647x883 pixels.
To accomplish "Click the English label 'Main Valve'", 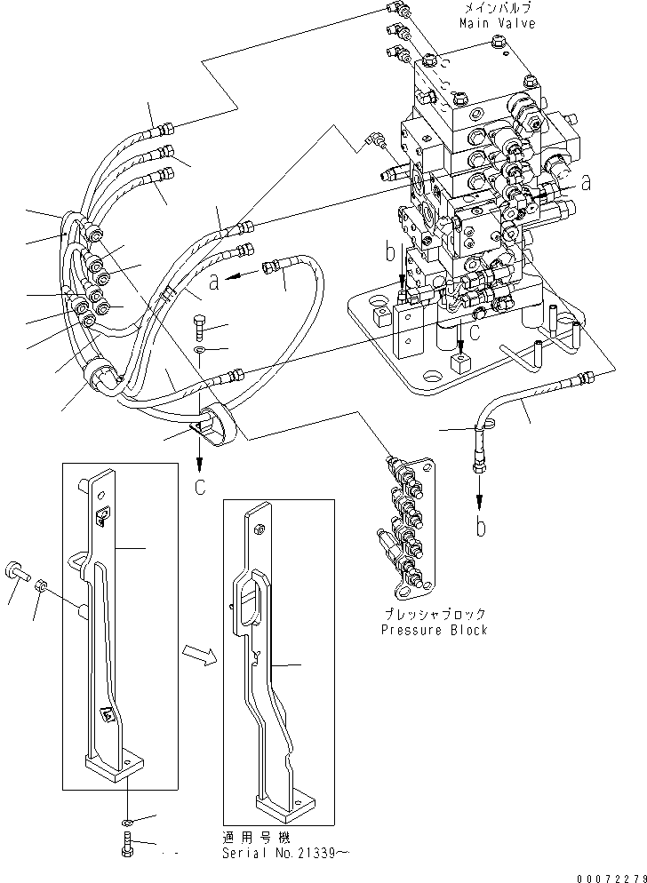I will (497, 23).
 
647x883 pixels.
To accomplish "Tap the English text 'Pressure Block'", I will (434, 630).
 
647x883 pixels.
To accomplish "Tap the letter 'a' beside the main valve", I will (586, 183).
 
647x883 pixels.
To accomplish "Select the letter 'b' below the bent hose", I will (481, 527).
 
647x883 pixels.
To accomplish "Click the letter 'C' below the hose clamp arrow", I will (200, 486).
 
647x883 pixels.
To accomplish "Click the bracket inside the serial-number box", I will (267, 657).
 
